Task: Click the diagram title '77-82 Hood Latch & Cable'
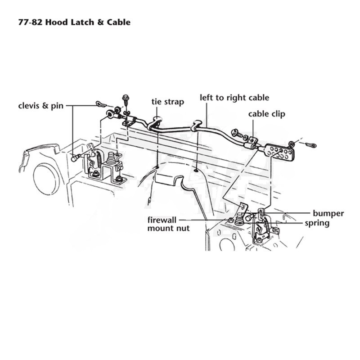74,22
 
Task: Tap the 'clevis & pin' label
40,106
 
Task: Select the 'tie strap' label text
167,102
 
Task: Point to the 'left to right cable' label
234,98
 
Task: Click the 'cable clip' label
266,114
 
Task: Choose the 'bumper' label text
328,213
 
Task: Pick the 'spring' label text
317,223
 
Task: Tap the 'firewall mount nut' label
168,224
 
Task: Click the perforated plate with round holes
279,152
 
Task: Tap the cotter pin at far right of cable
311,145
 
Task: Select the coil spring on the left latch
99,159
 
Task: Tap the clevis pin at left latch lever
76,158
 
